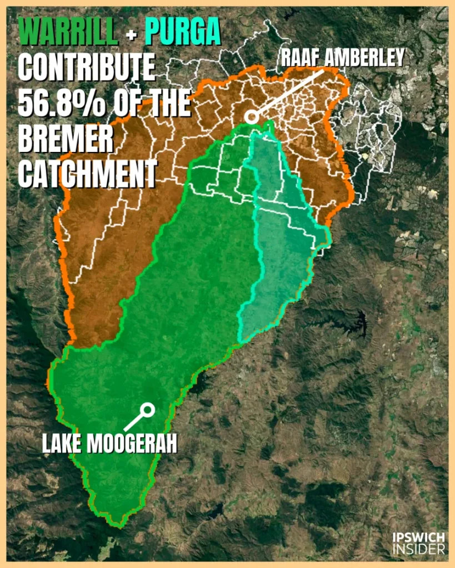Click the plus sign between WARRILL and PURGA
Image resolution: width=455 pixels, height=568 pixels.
coord(131,35)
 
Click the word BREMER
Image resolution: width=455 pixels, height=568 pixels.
coord(66,139)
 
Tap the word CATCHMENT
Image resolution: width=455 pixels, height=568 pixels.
coord(87,174)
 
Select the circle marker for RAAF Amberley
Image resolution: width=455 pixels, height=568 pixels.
coord(252,117)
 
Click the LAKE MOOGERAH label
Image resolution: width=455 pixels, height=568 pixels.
coord(109,443)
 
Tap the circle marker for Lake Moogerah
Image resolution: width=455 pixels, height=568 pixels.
coord(147,410)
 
